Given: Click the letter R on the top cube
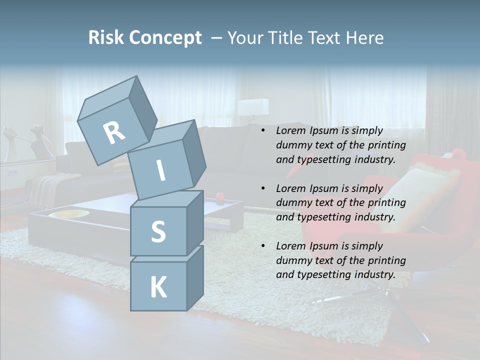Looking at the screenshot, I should (x=114, y=132).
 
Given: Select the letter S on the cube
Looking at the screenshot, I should (x=158, y=231).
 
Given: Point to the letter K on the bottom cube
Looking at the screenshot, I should (x=158, y=287).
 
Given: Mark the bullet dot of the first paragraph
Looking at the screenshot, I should (x=263, y=131).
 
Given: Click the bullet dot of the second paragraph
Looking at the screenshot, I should (x=263, y=189).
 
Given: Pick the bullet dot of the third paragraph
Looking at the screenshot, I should (x=263, y=246).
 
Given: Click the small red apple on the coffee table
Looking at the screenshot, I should (x=219, y=198).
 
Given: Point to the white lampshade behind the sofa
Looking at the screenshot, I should (x=253, y=106).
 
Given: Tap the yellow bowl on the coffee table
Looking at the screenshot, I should (x=68, y=214).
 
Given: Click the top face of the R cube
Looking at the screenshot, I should (x=108, y=97).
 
